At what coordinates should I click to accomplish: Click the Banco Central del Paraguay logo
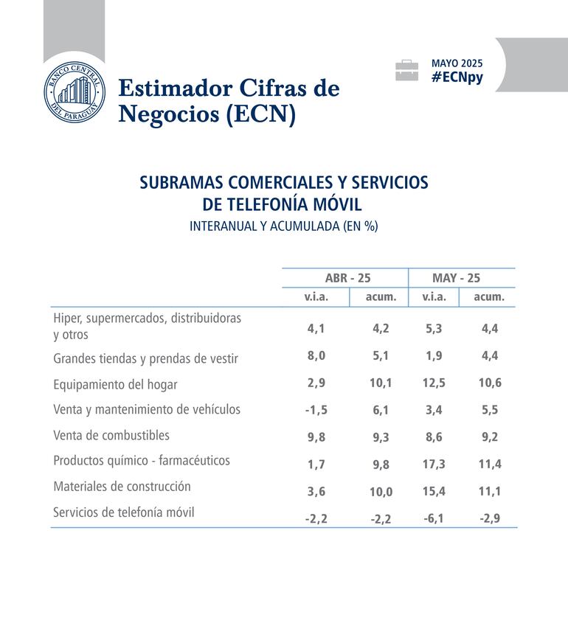pos(74,94)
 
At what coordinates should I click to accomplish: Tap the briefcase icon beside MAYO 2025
pos(406,71)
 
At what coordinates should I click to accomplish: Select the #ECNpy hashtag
pos(457,77)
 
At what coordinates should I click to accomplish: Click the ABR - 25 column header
pos(347,278)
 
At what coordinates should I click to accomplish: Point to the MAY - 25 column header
pos(456,278)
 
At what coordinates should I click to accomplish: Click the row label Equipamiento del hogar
pos(115,384)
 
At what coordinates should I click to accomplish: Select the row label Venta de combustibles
pos(111,435)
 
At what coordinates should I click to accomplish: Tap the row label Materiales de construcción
pos(122,487)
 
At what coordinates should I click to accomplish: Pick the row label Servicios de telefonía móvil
pos(124,512)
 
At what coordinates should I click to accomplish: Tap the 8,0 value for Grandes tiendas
pos(316,355)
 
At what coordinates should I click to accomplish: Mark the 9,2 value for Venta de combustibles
pos(490,436)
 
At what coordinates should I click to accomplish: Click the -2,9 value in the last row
pos(490,518)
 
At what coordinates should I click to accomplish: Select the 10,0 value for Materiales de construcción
pos(381,492)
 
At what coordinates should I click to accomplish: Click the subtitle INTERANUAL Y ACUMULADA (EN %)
pos(283,226)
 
